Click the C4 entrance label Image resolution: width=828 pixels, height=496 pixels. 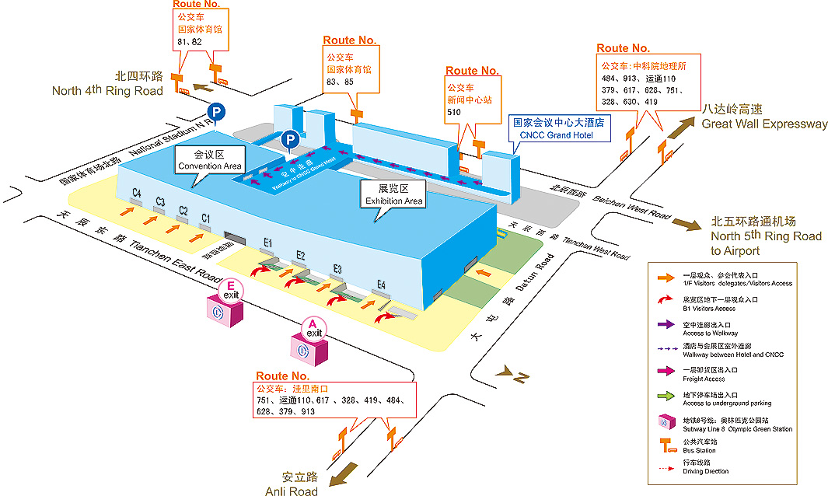(137, 193)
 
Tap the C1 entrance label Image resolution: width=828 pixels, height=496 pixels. (206, 218)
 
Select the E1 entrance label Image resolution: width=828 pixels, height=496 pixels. (268, 244)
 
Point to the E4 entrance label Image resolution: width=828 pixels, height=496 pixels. (381, 285)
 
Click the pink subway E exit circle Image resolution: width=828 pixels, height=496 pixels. (232, 292)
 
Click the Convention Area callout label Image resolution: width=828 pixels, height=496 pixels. (209, 161)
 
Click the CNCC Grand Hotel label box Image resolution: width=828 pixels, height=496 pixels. (558, 128)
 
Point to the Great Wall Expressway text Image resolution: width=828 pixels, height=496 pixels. (764, 124)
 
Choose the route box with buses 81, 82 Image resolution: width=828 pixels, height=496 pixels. (201, 29)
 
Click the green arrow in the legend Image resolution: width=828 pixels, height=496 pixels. (665, 397)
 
